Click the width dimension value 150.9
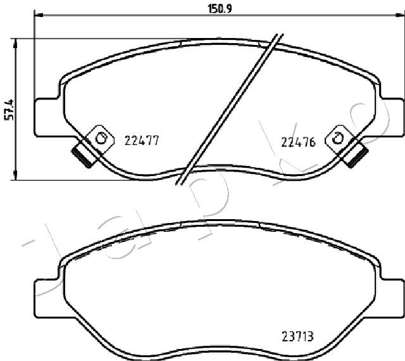pyautogui.click(x=220, y=9)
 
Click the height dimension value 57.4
pyautogui.click(x=9, y=110)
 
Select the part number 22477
pyautogui.click(x=142, y=141)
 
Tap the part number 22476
pyautogui.click(x=298, y=142)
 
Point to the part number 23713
pyautogui.click(x=297, y=337)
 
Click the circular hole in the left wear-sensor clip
pyautogui.click(x=101, y=138)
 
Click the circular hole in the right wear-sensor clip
pyautogui.click(x=337, y=139)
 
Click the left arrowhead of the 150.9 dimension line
pyautogui.click(x=38, y=15)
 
